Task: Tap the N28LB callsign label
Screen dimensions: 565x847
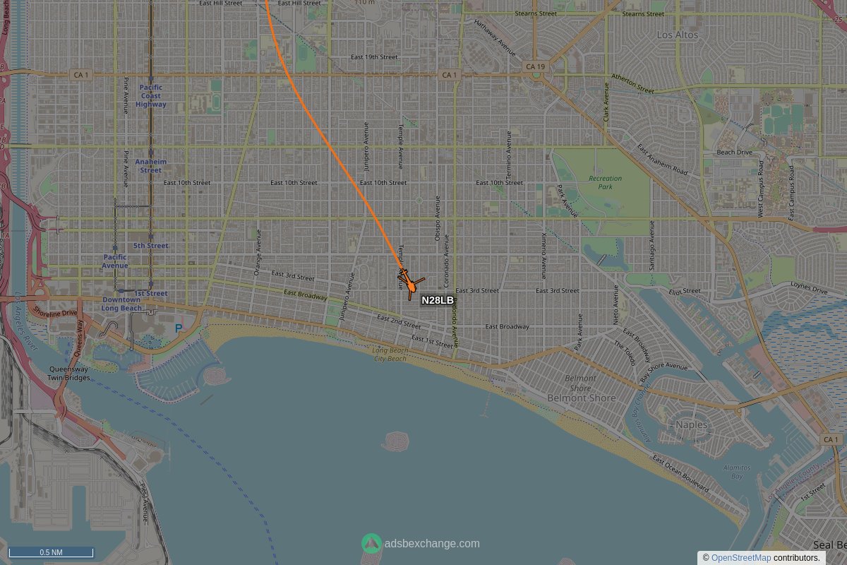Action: pyautogui.click(x=438, y=300)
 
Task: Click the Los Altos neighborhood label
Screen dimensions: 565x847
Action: pyautogui.click(x=677, y=35)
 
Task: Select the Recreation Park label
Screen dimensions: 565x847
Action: pyautogui.click(x=605, y=182)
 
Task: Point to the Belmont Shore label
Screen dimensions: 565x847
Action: pyautogui.click(x=581, y=393)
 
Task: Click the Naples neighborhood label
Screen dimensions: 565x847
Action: pyautogui.click(x=691, y=424)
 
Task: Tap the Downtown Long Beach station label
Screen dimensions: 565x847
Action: pyautogui.click(x=121, y=304)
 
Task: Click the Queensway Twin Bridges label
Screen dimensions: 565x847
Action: pyautogui.click(x=68, y=373)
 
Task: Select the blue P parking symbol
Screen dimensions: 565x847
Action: pyautogui.click(x=179, y=328)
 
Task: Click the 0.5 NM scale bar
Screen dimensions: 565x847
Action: pyautogui.click(x=51, y=552)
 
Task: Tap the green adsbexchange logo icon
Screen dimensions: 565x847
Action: pyautogui.click(x=371, y=543)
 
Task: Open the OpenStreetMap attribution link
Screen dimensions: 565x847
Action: pyautogui.click(x=740, y=558)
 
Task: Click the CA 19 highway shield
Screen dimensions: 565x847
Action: pyautogui.click(x=535, y=66)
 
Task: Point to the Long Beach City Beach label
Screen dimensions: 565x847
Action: pyautogui.click(x=390, y=354)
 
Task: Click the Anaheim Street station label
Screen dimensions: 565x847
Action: pyautogui.click(x=150, y=166)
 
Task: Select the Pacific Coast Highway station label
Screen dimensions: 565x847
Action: pyautogui.click(x=151, y=96)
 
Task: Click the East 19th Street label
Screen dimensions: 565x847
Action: pyautogui.click(x=375, y=56)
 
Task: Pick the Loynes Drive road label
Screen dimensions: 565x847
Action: pyautogui.click(x=809, y=290)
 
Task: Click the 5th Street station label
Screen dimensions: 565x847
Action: pyautogui.click(x=151, y=246)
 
